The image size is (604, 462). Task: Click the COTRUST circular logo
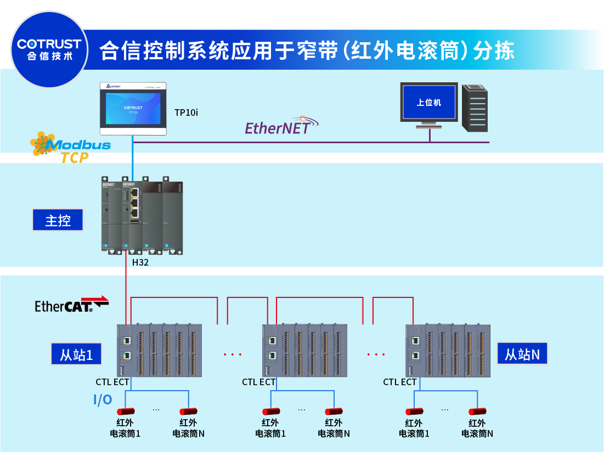(x=49, y=50)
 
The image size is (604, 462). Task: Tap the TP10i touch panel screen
(x=133, y=108)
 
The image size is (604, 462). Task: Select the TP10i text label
(x=186, y=112)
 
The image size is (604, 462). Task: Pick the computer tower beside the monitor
(x=475, y=108)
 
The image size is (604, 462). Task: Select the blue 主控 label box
(x=58, y=220)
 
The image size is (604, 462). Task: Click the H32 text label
(x=140, y=262)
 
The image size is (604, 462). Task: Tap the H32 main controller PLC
(x=142, y=216)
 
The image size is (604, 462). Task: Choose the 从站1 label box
(x=76, y=354)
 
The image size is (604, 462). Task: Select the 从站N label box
(x=522, y=353)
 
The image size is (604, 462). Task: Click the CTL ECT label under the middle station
(x=259, y=382)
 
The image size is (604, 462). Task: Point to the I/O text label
(x=103, y=400)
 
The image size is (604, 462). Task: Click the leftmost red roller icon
(x=126, y=412)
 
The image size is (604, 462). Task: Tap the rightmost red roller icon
(x=477, y=412)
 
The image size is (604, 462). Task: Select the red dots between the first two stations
(x=233, y=354)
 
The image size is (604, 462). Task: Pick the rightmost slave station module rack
(x=447, y=350)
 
